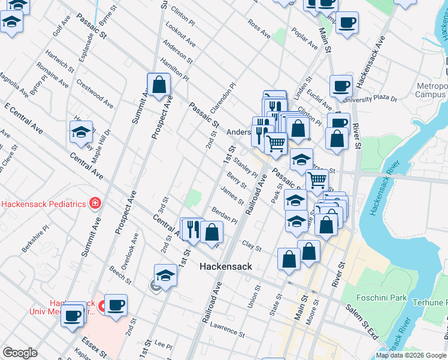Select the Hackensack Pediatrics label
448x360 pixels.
(x=43, y=204)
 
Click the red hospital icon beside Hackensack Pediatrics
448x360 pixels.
(x=95, y=204)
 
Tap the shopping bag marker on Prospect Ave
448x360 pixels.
(x=159, y=85)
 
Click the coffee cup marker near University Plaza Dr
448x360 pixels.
(x=341, y=86)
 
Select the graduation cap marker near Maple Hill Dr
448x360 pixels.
(x=81, y=133)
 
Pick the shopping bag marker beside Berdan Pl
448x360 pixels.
(x=211, y=232)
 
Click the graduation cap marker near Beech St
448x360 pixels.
(x=165, y=275)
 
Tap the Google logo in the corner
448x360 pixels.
(x=19, y=353)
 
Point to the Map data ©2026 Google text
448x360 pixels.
(x=410, y=355)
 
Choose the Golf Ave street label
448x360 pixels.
(x=61, y=25)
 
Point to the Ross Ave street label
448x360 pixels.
(x=259, y=25)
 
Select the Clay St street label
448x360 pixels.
(x=252, y=246)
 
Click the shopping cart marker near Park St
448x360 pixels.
(x=317, y=179)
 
